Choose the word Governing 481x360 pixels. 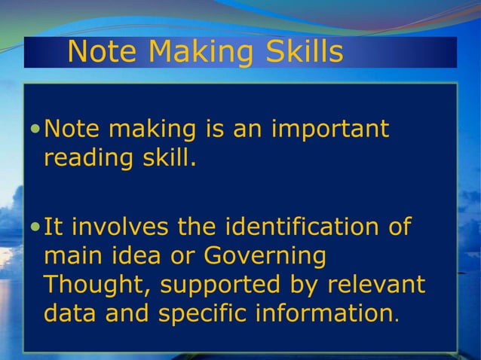[x=269, y=255]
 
